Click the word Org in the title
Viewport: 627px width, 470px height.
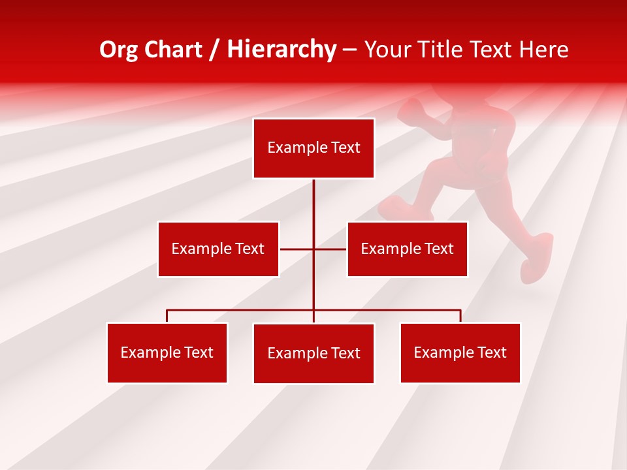click(118, 50)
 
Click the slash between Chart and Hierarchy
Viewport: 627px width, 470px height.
click(215, 50)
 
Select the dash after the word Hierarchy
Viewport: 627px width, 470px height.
click(349, 50)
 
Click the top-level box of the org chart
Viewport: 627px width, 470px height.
click(313, 148)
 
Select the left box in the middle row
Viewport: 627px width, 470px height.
click(218, 249)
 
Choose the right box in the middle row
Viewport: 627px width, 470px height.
click(407, 249)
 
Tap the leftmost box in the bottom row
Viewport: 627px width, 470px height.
click(167, 352)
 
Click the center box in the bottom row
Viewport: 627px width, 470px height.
click(313, 353)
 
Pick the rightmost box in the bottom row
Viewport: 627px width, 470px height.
click(460, 352)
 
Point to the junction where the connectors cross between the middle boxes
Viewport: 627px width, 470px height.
click(313, 249)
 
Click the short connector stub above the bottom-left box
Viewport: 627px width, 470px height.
click(167, 316)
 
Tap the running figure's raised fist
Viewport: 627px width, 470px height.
click(411, 112)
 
